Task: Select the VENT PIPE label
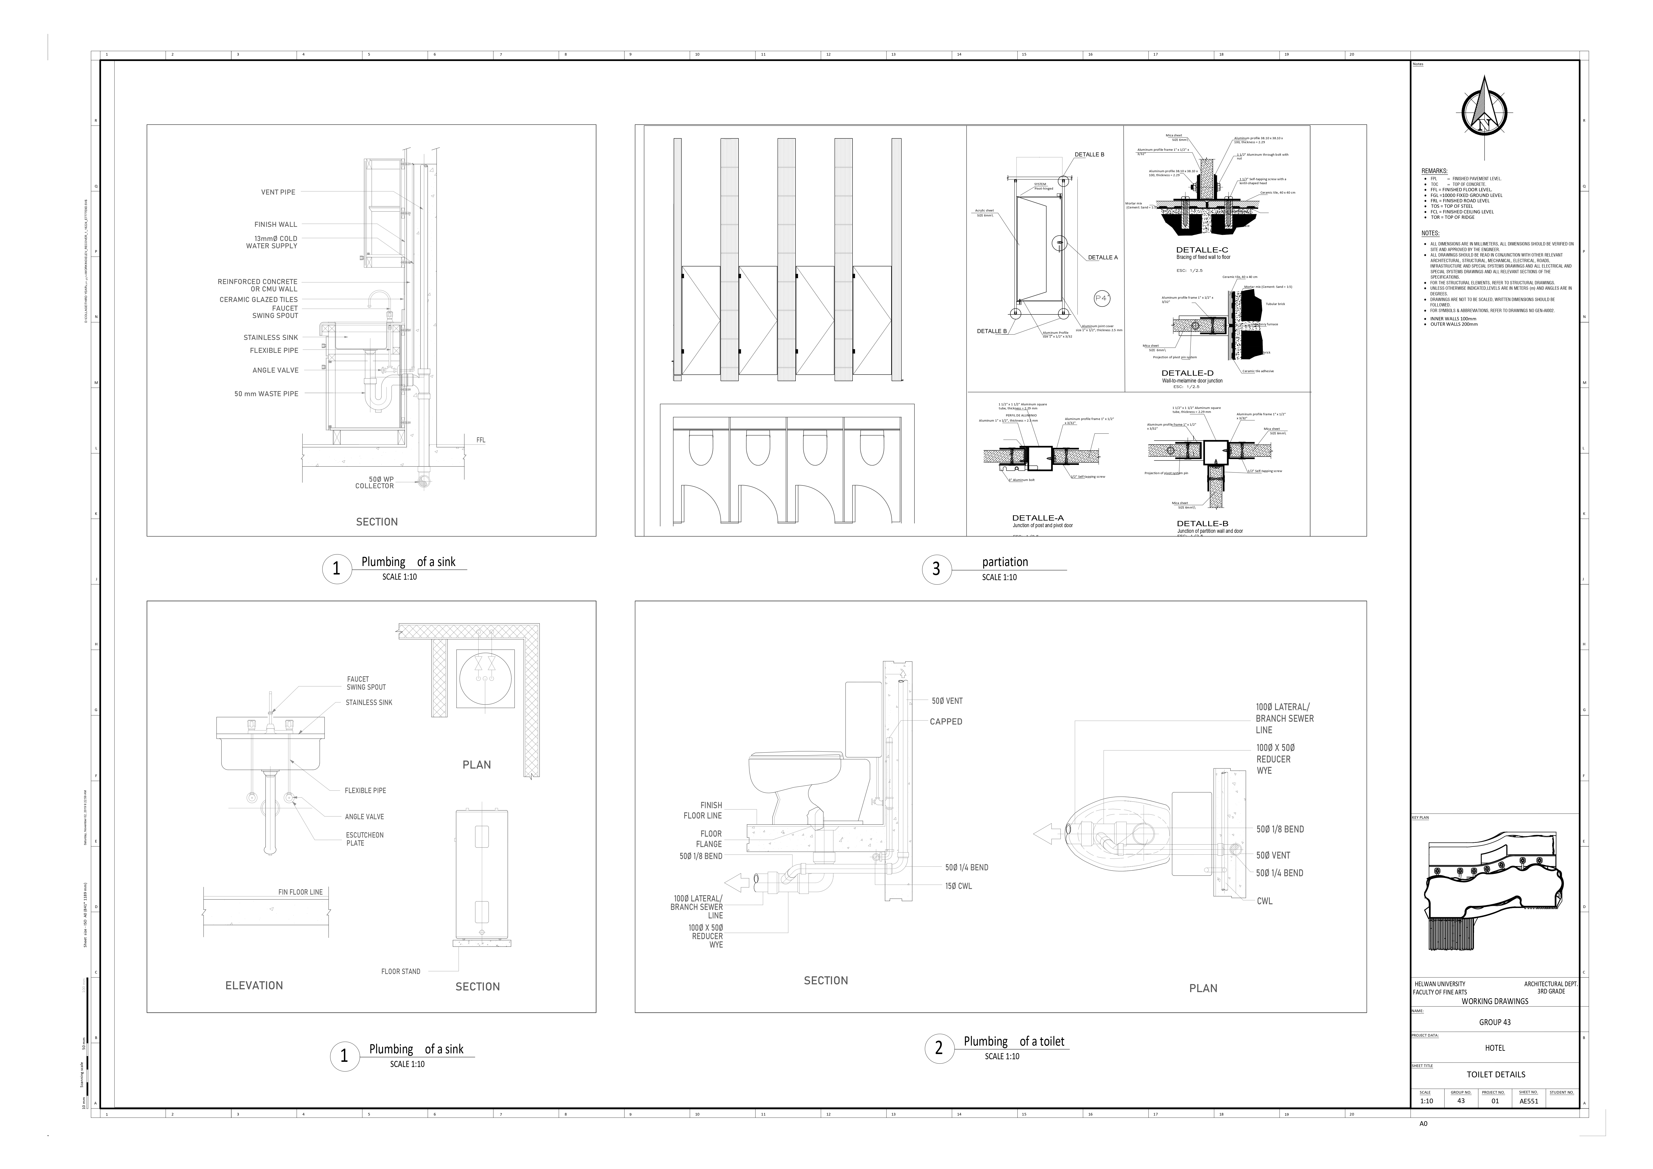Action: click(278, 192)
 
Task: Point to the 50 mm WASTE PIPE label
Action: click(266, 394)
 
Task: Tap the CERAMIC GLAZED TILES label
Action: click(258, 299)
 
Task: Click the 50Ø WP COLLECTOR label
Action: click(375, 482)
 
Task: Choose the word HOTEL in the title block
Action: click(1495, 1048)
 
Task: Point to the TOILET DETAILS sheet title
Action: click(1495, 1075)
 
